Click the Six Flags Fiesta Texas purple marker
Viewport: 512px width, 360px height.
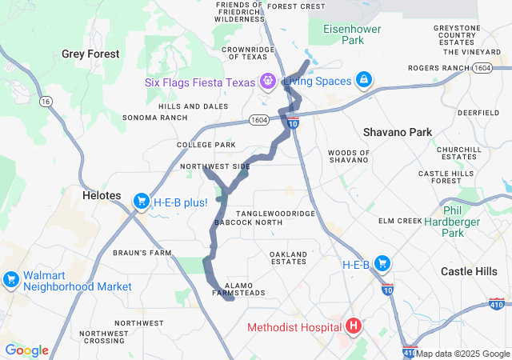click(x=266, y=81)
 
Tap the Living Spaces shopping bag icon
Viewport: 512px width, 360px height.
click(x=363, y=81)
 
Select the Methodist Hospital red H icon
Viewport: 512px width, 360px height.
click(x=353, y=326)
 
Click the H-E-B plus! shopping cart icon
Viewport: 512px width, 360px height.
click(x=142, y=201)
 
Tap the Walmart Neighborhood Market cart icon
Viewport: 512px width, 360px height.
click(x=11, y=279)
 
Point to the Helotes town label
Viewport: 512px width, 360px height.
click(x=101, y=195)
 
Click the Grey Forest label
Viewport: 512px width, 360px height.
click(x=90, y=54)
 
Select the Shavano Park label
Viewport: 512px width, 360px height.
click(x=397, y=132)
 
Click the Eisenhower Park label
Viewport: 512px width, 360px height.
click(x=353, y=34)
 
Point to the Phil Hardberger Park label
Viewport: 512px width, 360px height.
click(x=453, y=221)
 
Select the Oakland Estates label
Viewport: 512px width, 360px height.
click(x=288, y=258)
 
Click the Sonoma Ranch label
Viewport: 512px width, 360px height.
click(x=154, y=118)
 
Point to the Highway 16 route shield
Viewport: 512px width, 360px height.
click(x=46, y=102)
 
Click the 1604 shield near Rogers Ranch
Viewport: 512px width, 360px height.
click(x=482, y=69)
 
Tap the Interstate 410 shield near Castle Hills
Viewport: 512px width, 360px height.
click(x=496, y=304)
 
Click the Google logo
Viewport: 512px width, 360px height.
click(x=27, y=350)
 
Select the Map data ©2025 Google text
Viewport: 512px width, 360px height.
click(x=462, y=354)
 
